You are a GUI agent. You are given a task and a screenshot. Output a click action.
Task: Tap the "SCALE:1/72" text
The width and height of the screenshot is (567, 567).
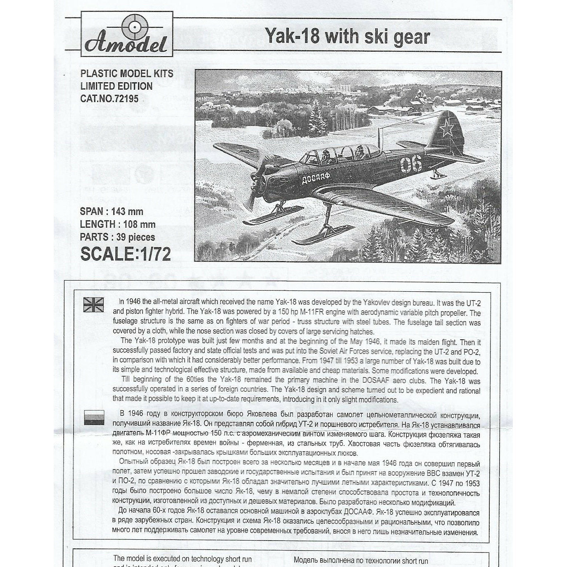[125, 254]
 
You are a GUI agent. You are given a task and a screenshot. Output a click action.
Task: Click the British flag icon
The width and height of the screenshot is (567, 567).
[94, 305]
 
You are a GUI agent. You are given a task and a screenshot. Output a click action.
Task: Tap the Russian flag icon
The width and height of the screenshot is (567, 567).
[94, 417]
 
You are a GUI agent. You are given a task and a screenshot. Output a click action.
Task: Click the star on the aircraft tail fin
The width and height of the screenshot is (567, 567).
[446, 129]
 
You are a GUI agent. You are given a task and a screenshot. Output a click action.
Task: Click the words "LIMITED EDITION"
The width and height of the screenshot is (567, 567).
[116, 86]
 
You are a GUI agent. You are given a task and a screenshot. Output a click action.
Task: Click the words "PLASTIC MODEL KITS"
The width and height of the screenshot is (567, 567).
[126, 74]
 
